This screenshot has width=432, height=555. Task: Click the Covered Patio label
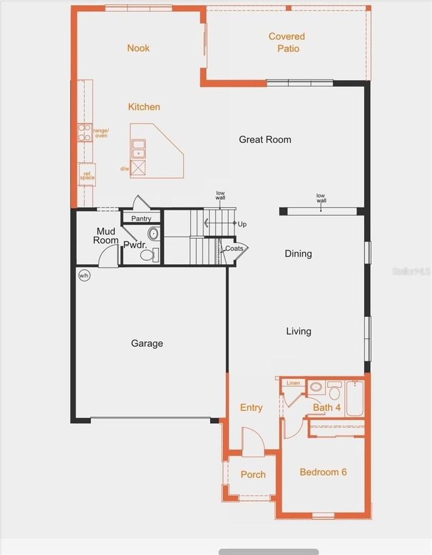[x=286, y=42]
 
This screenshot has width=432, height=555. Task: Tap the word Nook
[x=139, y=48]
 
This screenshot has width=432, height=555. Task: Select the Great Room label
[x=265, y=139]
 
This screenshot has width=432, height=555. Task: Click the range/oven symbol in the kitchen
[x=85, y=133]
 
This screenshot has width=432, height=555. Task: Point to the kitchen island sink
[x=139, y=149]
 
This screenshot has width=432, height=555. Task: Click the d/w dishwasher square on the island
[x=139, y=168]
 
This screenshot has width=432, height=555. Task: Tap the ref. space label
[x=87, y=175]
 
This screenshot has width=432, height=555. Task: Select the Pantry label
[x=141, y=219]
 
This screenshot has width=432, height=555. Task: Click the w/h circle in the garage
[x=84, y=275]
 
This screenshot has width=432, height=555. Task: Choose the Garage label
[x=147, y=343]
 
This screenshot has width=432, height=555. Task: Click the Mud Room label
[x=107, y=236]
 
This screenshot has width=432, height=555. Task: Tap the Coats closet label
[x=234, y=248]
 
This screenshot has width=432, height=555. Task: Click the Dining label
[x=298, y=253]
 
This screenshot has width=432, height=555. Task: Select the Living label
[x=299, y=331]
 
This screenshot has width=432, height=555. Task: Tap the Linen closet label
[x=293, y=383]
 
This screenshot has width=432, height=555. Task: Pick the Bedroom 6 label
[x=323, y=472]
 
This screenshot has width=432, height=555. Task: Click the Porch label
[x=253, y=475]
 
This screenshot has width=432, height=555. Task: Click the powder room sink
[x=153, y=234]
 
